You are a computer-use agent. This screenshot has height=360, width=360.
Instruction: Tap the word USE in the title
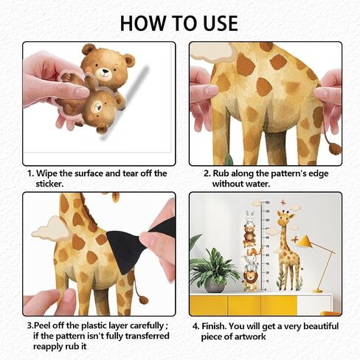pos(221,23)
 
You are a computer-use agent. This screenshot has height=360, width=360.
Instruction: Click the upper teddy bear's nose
pos(105,72)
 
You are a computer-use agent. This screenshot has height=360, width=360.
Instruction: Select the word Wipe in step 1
pos(47,173)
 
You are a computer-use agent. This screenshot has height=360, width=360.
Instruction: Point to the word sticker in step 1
pos(49,184)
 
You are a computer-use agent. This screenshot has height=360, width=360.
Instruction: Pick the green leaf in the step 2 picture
pos(229,159)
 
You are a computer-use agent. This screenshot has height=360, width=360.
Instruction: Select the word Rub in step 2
pos(221,173)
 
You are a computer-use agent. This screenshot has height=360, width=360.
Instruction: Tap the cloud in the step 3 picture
pos(51,228)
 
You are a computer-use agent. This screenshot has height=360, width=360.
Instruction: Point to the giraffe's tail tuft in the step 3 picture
pos(142,300)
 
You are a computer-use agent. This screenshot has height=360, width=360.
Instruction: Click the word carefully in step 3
pos(147,326)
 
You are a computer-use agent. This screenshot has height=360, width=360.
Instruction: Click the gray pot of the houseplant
pos(215,285)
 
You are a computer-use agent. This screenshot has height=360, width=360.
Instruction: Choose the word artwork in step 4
pos(250,336)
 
